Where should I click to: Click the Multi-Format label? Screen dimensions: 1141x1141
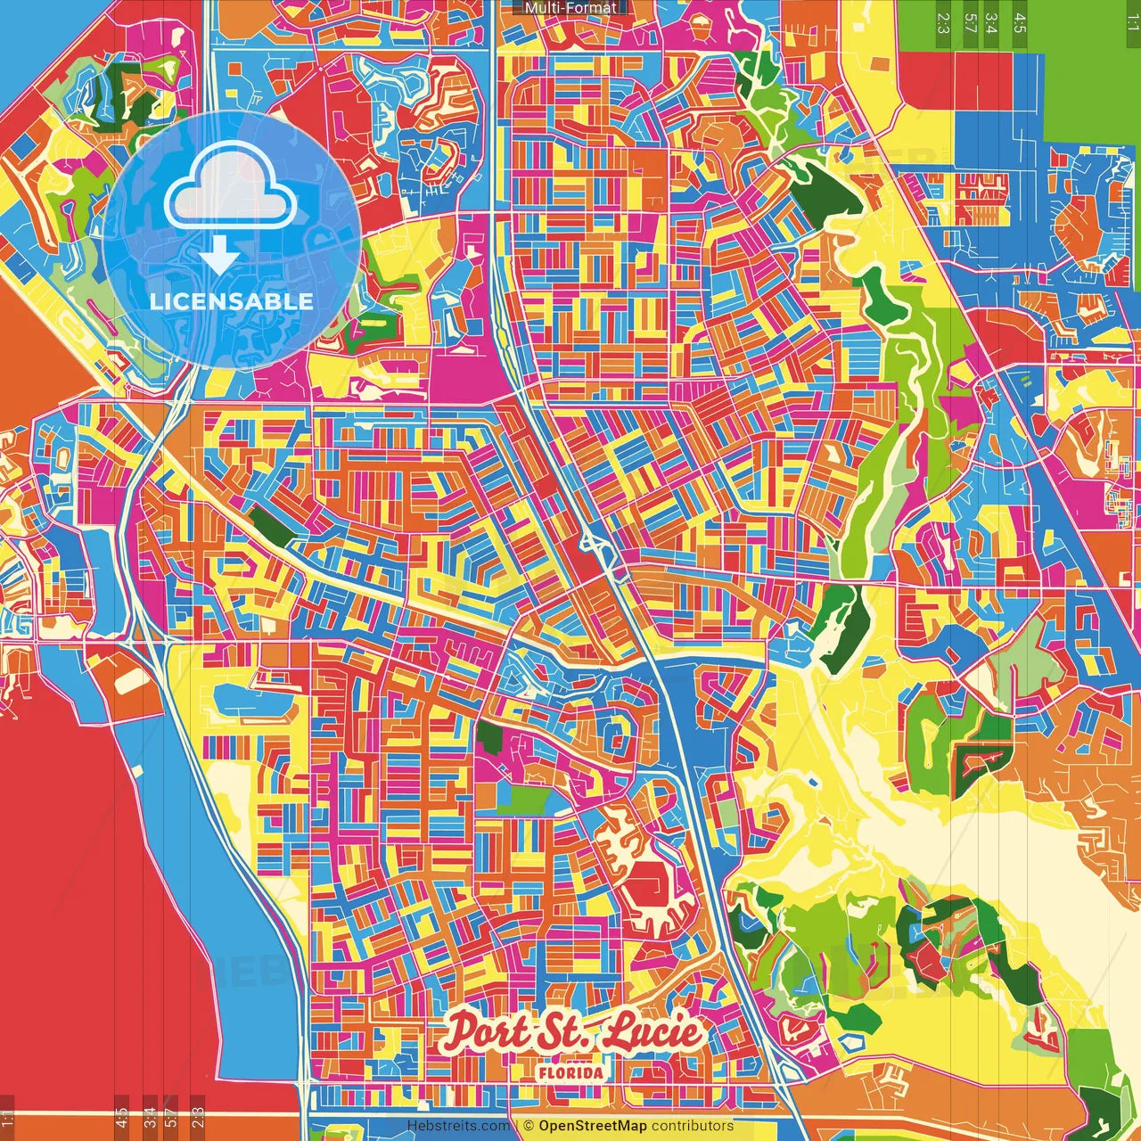pos(570,8)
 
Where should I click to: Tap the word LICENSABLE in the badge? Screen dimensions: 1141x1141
pos(231,301)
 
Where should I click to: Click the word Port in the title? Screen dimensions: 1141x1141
pos(487,1032)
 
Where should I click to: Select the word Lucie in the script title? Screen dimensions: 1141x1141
pos(653,1032)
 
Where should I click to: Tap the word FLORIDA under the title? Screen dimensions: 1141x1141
pos(570,1072)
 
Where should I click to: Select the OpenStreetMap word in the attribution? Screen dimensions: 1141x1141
pos(592,1126)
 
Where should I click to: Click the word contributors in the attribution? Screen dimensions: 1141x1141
pos(692,1126)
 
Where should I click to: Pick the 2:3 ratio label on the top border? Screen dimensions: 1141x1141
pos(943,22)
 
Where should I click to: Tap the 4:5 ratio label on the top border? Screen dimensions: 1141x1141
pos(1020,22)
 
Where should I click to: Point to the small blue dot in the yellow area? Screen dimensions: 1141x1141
pos(814,783)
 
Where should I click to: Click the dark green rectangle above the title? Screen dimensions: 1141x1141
pos(489,735)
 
